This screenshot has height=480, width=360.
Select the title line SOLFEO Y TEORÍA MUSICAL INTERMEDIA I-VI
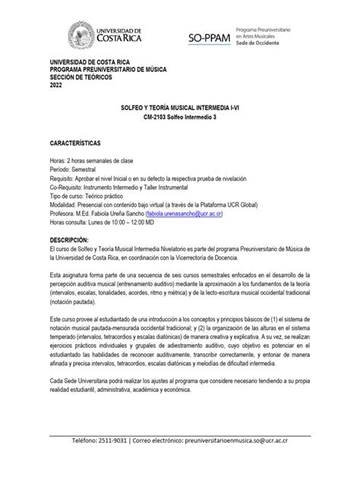coord(180,110)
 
